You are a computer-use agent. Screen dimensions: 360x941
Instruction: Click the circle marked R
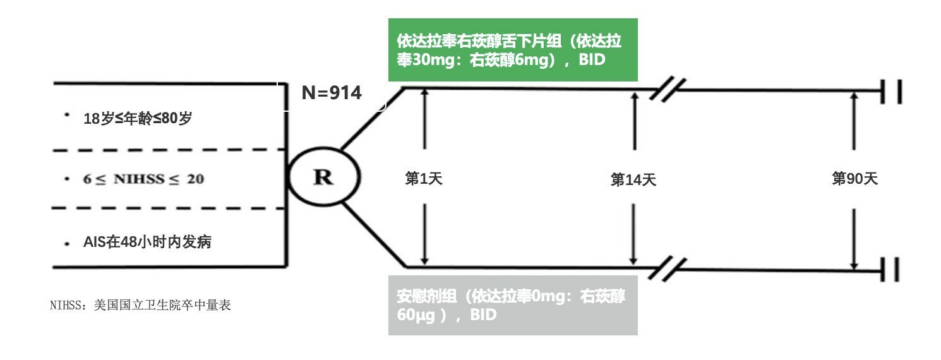323,177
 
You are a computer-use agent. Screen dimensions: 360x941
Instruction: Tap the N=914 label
332,93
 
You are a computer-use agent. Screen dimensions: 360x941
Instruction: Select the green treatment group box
512,50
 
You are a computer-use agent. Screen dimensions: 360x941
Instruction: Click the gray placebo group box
512,304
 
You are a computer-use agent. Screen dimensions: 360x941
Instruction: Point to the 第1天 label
423,179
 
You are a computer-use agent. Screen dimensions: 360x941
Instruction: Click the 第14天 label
633,180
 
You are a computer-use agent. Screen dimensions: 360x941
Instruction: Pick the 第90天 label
854,179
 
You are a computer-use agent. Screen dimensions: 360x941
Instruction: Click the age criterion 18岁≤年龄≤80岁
137,118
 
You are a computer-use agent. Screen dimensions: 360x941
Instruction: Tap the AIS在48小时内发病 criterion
147,242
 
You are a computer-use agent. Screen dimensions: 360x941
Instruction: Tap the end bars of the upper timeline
891,92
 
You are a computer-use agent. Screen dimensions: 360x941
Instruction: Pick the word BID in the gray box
483,315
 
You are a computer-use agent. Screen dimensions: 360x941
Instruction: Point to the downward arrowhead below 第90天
854,265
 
